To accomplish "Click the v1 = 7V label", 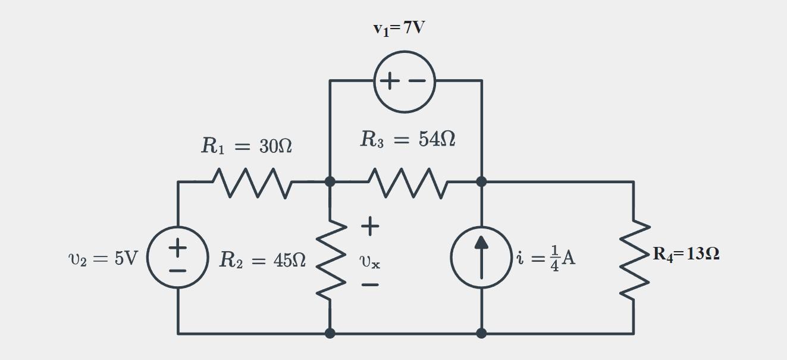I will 399,28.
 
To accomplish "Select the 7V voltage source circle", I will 405,81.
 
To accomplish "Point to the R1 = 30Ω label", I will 246,146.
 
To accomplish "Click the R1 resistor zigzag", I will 253,182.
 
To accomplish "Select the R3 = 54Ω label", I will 407,139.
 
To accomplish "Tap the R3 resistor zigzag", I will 407,182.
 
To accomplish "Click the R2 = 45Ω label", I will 262,259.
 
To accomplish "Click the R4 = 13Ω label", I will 686,254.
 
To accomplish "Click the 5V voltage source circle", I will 178,258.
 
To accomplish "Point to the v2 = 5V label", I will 103,258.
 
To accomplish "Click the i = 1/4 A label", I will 545,259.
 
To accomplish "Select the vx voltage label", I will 369,261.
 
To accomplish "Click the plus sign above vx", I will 369,226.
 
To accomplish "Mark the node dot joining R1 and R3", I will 330,181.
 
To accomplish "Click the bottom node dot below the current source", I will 481,333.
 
